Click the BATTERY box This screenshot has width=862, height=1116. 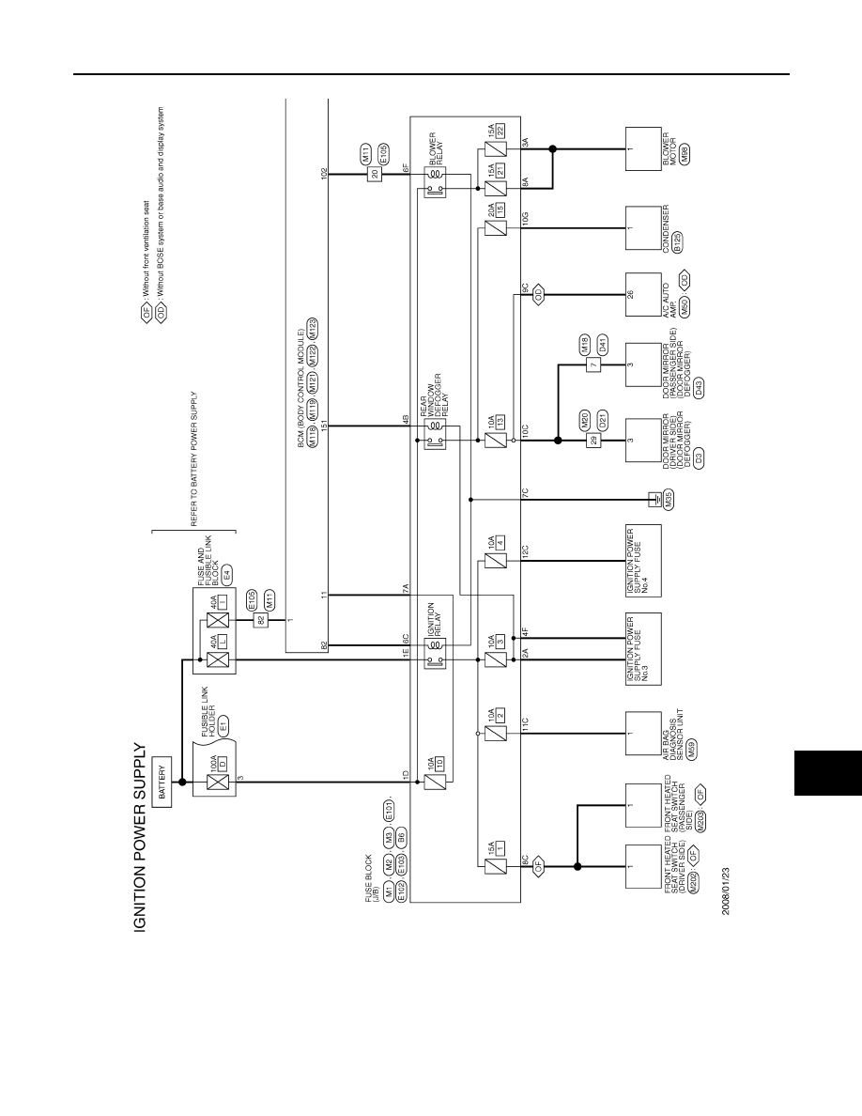(162, 782)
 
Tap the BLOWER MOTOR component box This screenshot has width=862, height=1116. (643, 149)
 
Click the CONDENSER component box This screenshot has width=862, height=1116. (643, 228)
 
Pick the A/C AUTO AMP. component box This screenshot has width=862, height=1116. (643, 295)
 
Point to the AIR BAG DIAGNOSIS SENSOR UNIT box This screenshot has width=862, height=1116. (643, 734)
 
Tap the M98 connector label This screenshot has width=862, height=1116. (685, 156)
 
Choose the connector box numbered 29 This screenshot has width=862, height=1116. (593, 441)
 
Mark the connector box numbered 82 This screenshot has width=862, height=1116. (259, 620)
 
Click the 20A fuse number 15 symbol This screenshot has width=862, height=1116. (495, 228)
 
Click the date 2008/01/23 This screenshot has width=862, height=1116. (726, 891)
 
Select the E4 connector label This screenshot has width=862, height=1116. (227, 574)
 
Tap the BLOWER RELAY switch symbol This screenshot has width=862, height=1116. (436, 190)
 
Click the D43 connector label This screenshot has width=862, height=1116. (699, 389)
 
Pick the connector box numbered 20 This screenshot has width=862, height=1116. (374, 174)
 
